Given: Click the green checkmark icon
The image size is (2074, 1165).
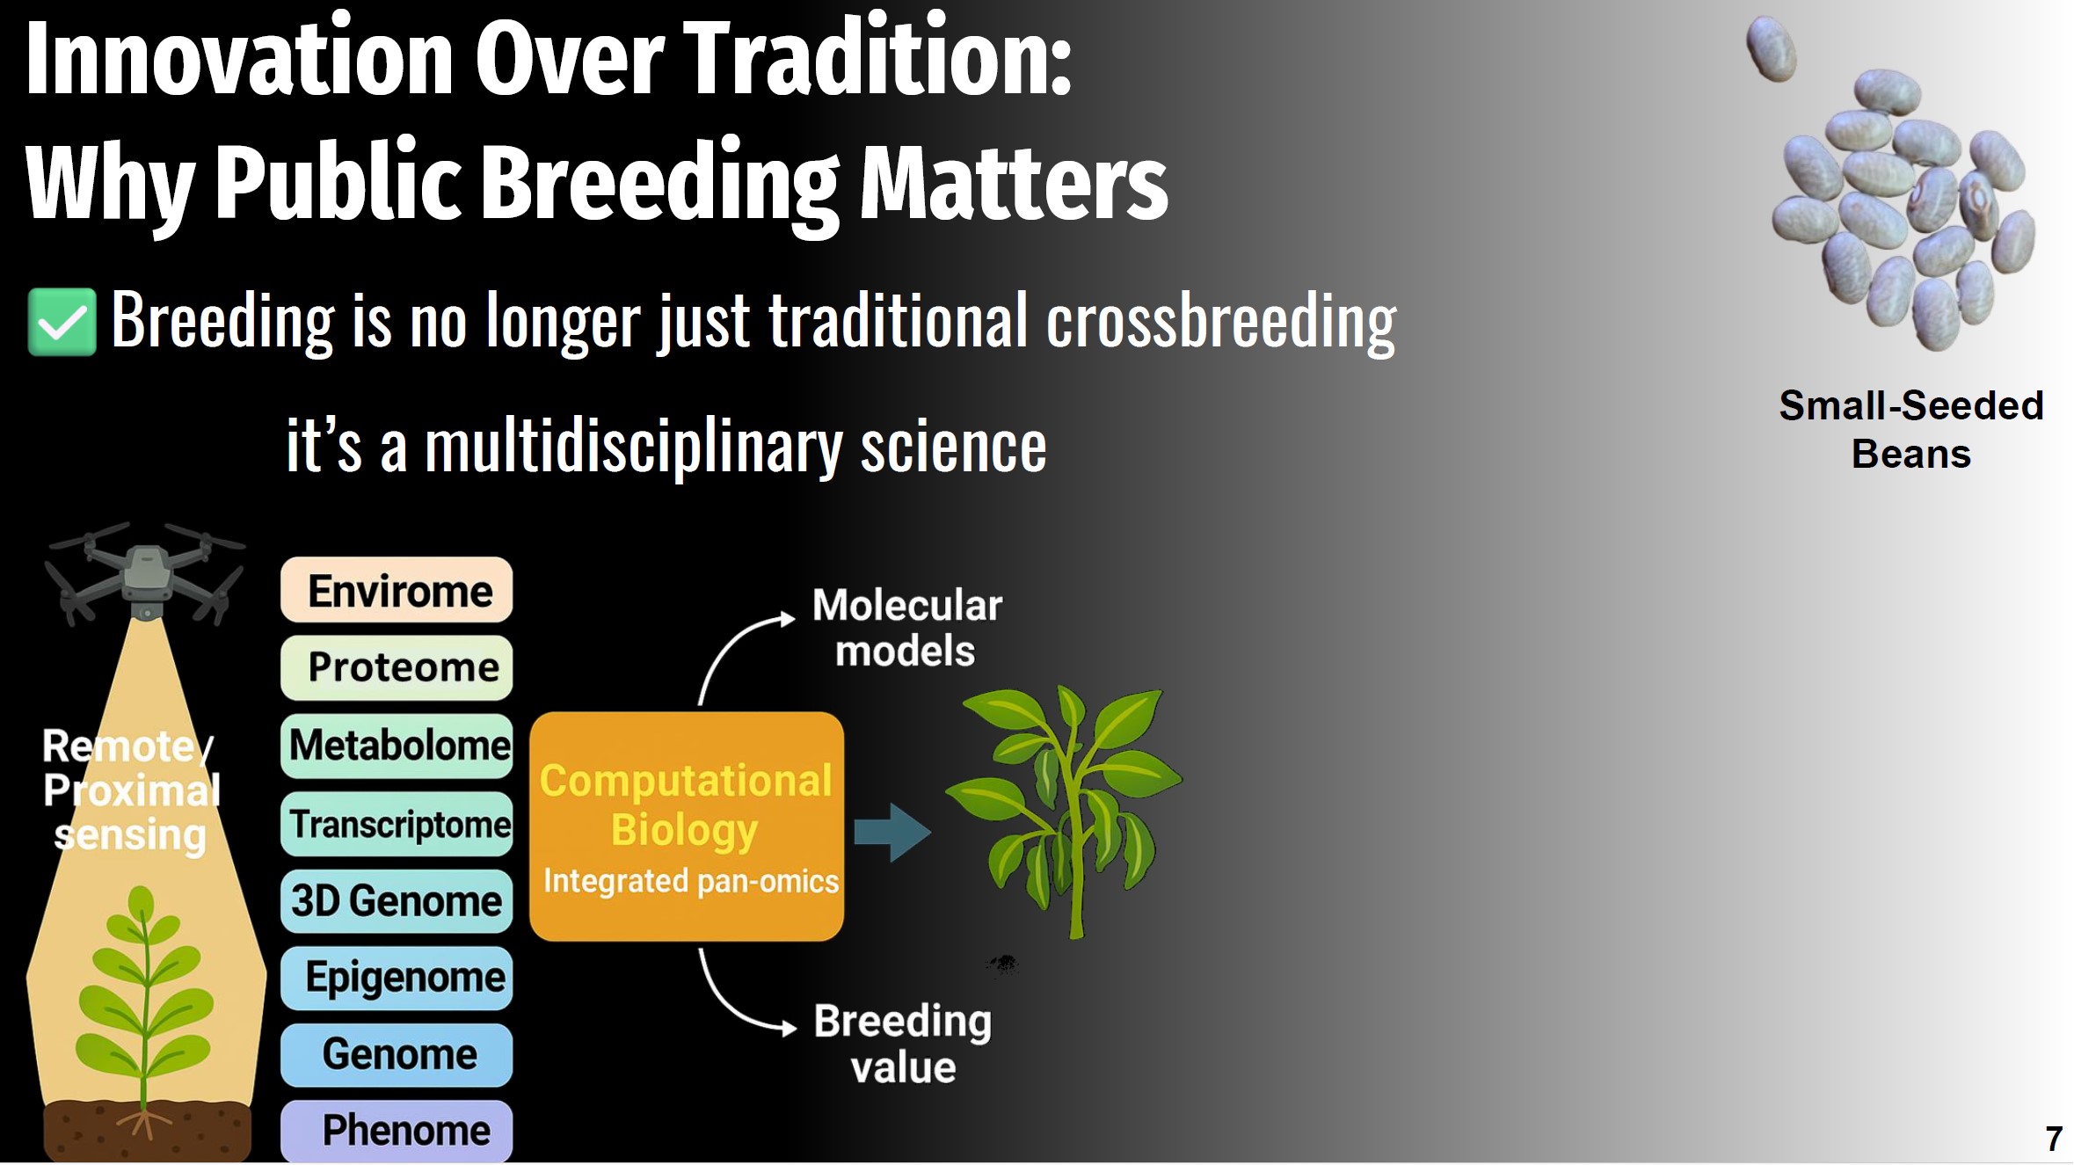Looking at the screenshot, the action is (x=62, y=322).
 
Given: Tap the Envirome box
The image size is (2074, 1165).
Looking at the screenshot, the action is (x=397, y=590).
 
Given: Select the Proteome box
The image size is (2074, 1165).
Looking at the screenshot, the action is (x=397, y=667).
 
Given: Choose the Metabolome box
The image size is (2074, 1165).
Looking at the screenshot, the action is (x=397, y=746).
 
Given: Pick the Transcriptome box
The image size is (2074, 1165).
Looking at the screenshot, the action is (x=397, y=824).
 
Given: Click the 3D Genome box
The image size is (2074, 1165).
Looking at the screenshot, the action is (x=397, y=901).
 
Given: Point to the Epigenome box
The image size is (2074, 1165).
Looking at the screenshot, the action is (x=397, y=978).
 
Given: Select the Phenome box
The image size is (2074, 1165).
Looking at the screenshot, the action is (x=397, y=1131).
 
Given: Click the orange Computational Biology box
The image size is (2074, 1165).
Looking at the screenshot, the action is (x=687, y=826).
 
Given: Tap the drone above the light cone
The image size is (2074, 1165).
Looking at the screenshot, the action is (x=146, y=572).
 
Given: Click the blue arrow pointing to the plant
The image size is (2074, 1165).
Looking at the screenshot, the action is (x=892, y=832).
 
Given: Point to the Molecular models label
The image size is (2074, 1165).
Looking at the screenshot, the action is (x=906, y=628).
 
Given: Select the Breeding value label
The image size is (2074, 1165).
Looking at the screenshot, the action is (x=903, y=1044).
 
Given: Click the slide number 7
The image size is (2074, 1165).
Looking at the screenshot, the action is (x=2054, y=1140).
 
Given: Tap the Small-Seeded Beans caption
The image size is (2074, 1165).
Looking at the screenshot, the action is (x=1911, y=430).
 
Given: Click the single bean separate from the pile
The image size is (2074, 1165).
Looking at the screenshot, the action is (x=1771, y=48).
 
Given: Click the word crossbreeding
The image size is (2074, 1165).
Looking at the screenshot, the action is (x=1221, y=322).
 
